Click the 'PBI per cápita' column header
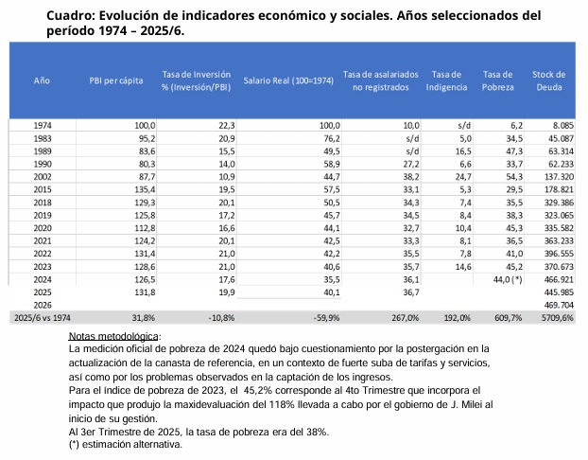coord(116,80)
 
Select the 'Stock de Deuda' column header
coord(548,80)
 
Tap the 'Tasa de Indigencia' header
coord(446,80)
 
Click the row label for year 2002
coord(43,177)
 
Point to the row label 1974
coord(43,125)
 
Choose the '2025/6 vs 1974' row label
coord(42,318)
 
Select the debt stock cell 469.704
coord(556,306)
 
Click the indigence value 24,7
coord(461,177)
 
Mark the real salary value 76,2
coord(327,138)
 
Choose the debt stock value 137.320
coord(556,177)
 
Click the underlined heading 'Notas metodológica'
coord(114,337)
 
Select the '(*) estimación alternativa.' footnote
coord(126,445)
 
